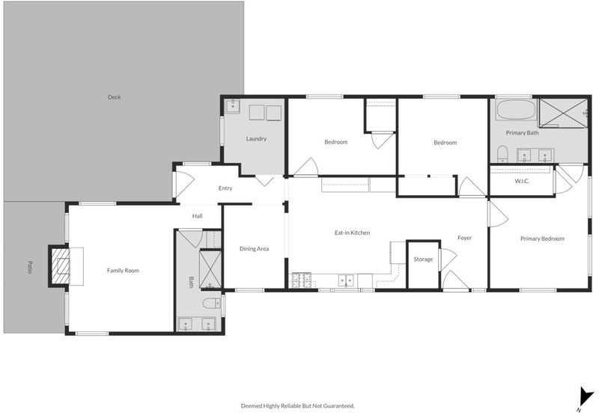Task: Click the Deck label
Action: click(115, 97)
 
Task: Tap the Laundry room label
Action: click(256, 139)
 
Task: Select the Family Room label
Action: click(123, 271)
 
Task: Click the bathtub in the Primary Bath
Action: click(516, 110)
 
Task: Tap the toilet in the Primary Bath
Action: click(502, 154)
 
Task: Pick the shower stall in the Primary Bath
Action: click(564, 113)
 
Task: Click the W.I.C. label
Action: click(522, 181)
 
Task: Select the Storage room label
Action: click(423, 259)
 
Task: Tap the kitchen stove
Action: click(302, 280)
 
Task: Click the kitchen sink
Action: click(346, 280)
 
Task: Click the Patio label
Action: click(29, 267)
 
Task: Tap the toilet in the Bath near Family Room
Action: click(212, 304)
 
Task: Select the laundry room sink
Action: click(232, 106)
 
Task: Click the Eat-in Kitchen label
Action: click(352, 233)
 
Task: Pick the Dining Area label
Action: click(254, 249)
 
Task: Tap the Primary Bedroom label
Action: click(542, 239)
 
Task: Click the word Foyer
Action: click(464, 238)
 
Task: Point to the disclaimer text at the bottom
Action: click(297, 406)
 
